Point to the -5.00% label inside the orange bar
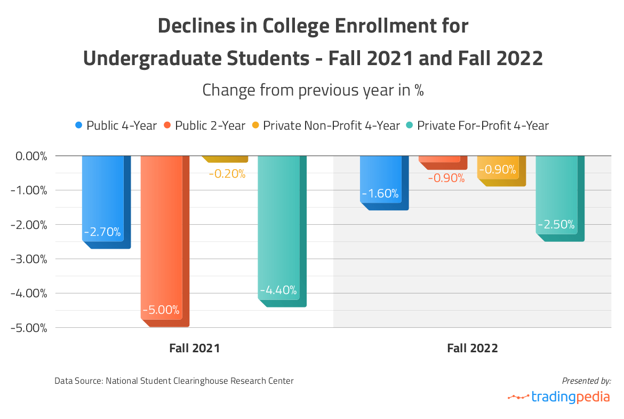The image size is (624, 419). pos(161,310)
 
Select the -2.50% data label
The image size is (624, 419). pos(556,225)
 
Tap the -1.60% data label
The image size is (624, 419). pos(380,194)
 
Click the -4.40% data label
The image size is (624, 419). pos(278,291)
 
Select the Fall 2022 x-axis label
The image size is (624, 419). pos(473,349)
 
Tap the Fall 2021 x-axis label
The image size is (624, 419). pos(195,349)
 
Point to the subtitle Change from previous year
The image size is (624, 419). pos(313,90)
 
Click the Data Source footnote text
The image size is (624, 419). pos(174,381)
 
